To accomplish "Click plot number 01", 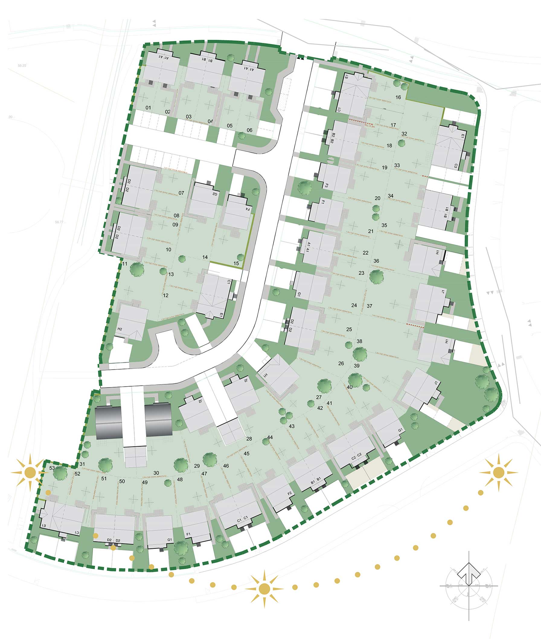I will [148, 108].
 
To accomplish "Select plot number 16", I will [398, 97].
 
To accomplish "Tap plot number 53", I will [52, 468].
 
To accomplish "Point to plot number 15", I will [236, 263].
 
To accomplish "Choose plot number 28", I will [249, 439].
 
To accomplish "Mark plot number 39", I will [356, 366].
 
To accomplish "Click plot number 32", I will [404, 134].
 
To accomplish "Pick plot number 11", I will [124, 264].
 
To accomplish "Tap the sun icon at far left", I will [30, 472].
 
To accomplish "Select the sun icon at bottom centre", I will [264, 589].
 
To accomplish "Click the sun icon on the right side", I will [499, 472].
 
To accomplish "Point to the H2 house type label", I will [120, 329].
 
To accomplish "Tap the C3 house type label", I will [456, 166].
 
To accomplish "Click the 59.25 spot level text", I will [22, 66].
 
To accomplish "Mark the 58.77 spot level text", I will [59, 222].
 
